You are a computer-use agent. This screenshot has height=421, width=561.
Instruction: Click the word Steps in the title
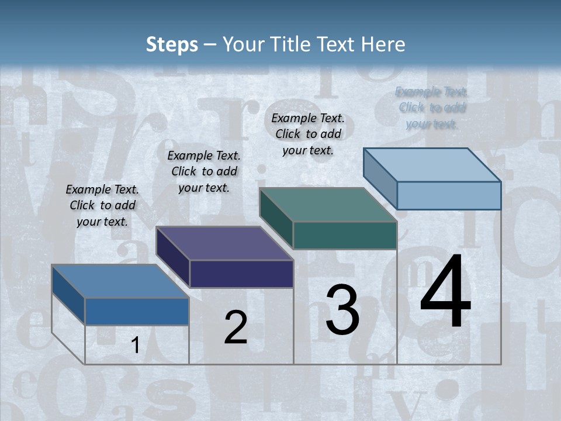[x=172, y=44]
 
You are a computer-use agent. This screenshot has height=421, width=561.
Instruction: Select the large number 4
[x=446, y=292]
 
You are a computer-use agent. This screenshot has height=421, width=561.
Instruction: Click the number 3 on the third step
[x=342, y=310]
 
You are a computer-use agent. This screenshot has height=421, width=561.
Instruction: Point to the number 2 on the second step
[x=236, y=327]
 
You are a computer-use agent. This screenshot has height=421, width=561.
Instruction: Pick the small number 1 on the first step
[x=135, y=346]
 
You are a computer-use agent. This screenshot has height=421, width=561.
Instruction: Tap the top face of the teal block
[x=328, y=205]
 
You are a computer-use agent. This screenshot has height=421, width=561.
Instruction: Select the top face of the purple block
[x=224, y=243]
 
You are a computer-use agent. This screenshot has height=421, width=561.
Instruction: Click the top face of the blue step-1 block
[x=120, y=281]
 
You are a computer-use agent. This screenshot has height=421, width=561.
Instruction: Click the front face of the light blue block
[x=449, y=195]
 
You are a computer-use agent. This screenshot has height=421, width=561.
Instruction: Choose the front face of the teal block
[x=345, y=235]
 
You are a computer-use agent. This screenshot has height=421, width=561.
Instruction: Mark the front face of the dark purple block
[x=241, y=274]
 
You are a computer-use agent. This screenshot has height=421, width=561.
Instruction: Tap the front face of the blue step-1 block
[x=137, y=311]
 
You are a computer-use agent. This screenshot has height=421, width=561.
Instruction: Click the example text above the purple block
[x=204, y=171]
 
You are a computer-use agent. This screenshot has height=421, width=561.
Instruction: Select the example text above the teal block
[x=308, y=134]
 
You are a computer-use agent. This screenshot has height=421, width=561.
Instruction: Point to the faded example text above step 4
[x=432, y=108]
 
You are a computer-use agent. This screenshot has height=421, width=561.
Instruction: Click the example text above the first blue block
[x=102, y=205]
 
